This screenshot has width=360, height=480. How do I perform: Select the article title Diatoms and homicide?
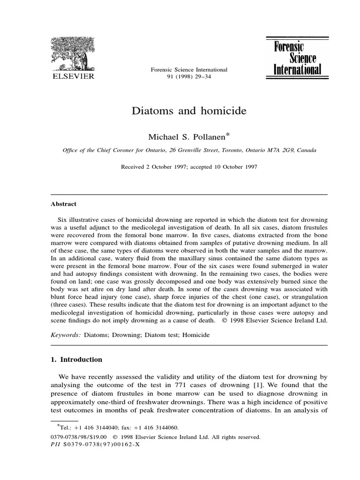189,111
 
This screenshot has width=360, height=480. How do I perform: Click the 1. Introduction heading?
76,360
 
